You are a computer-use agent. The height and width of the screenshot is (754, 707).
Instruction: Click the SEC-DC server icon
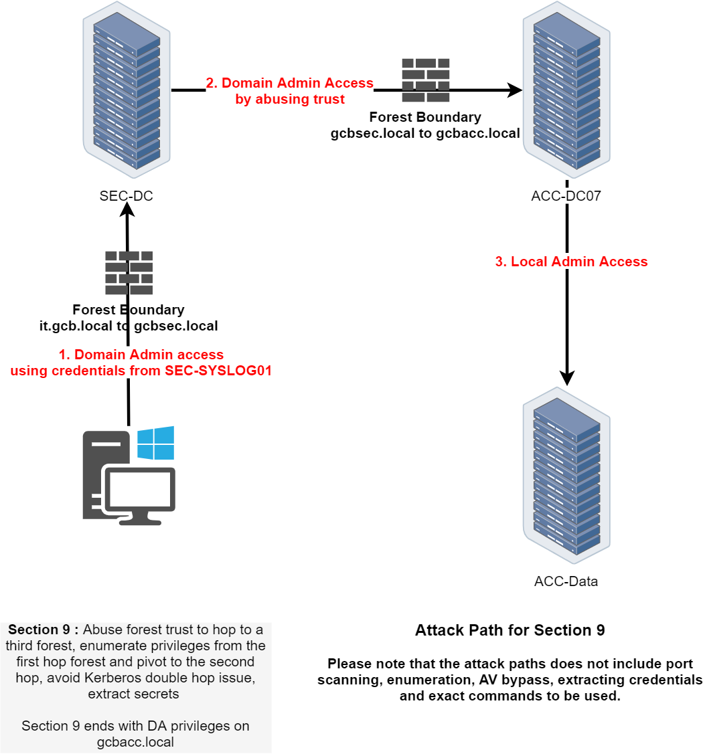coord(126,90)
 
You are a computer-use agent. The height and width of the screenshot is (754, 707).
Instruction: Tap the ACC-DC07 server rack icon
coord(566,90)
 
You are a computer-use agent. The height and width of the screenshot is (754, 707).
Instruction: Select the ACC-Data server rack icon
coord(566,475)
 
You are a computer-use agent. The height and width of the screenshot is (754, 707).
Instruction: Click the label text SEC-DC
coord(127,197)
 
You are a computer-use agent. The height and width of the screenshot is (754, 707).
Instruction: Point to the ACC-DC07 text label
coord(566,197)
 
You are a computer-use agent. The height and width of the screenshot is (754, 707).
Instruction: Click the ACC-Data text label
coord(566,581)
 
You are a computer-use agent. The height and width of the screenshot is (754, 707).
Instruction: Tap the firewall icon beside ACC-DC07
coord(426,80)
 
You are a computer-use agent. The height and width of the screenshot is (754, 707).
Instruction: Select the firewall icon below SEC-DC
coord(129,273)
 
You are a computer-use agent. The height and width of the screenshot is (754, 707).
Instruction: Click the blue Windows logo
coord(155,443)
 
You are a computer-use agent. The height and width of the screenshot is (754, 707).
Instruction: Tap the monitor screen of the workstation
coord(139,490)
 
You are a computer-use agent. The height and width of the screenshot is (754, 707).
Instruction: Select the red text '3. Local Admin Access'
coord(571,262)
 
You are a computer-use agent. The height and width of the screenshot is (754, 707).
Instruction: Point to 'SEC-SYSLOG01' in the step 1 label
coord(217,371)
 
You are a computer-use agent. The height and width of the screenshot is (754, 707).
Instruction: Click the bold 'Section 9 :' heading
coord(44,630)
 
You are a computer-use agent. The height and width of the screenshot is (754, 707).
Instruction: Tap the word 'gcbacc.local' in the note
coord(135,742)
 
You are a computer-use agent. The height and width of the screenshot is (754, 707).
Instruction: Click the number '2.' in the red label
coord(212,83)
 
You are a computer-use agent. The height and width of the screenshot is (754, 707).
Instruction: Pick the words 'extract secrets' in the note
coord(133,694)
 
